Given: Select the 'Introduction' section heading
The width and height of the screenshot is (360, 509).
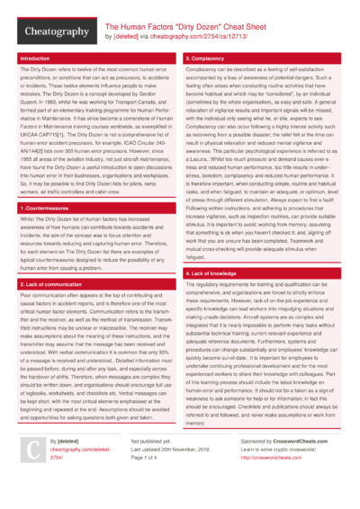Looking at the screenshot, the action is point(35,58).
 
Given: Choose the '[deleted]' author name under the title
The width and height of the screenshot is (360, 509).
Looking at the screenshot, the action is point(126,38).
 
